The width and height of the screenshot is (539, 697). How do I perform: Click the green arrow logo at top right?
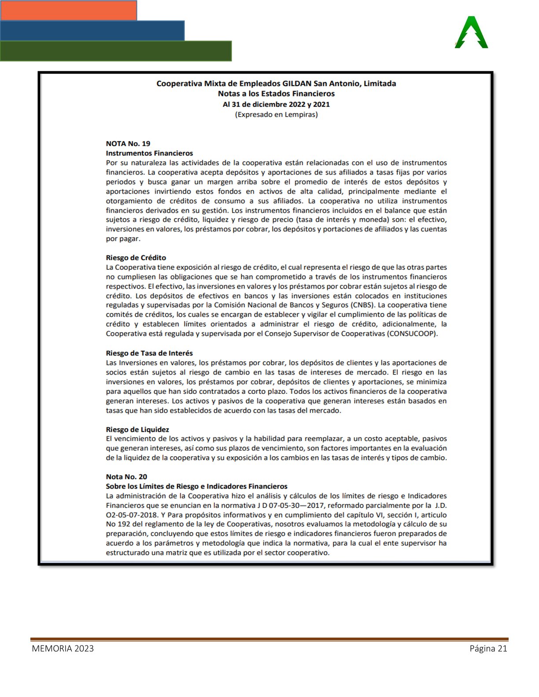click(471, 33)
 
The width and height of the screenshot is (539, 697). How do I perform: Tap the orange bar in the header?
click(69, 11)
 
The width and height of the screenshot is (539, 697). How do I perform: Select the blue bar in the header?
click(92, 30)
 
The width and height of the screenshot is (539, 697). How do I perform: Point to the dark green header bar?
click(115, 51)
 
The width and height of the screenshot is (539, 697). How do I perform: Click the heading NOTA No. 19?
click(128, 143)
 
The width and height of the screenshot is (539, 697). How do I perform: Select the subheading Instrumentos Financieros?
click(149, 153)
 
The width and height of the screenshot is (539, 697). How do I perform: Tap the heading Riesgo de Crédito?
click(136, 257)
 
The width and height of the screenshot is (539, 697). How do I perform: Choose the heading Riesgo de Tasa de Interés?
click(149, 353)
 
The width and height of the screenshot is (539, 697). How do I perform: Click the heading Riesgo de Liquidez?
click(137, 429)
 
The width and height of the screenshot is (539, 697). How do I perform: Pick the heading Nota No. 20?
click(126, 477)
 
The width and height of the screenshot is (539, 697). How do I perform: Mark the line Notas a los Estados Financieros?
click(276, 94)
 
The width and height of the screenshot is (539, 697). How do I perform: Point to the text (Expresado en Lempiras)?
click(276, 114)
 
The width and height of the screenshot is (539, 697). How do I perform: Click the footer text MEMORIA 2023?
click(63, 649)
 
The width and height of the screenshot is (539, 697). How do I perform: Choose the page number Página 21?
click(488, 649)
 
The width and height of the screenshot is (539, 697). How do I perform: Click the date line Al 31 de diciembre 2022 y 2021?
click(276, 104)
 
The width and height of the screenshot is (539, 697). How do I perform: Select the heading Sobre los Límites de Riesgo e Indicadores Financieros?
click(196, 486)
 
